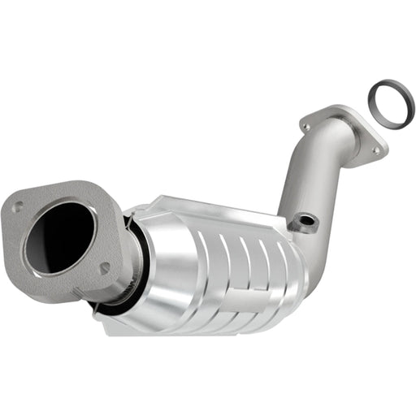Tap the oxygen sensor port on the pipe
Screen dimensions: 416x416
[306, 220]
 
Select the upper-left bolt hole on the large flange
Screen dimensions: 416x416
[16, 207]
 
